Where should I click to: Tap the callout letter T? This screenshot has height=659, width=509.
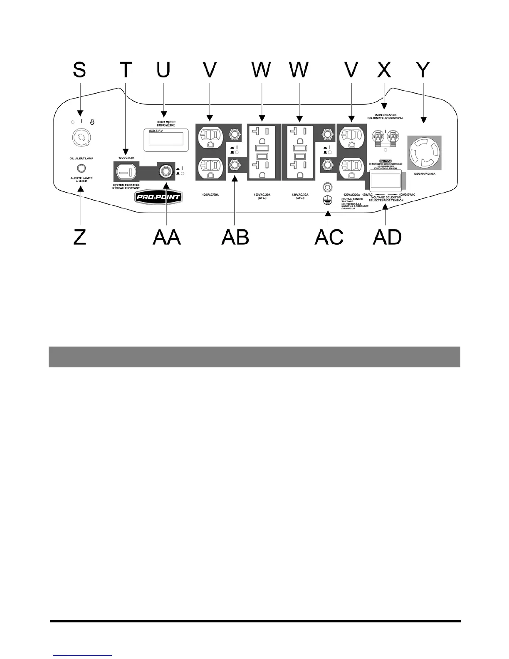125,70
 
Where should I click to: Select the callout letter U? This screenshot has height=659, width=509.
163,70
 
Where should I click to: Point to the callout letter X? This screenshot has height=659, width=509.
384,70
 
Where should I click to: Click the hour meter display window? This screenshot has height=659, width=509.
163,139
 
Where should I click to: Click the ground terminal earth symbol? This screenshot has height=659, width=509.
329,200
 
